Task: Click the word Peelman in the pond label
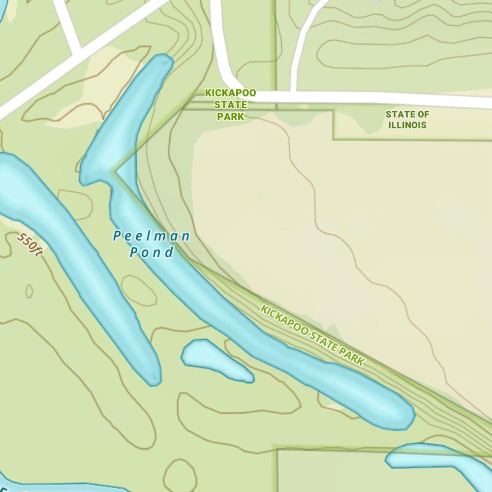(x=151, y=237)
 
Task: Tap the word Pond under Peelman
(x=152, y=253)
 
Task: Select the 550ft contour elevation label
(x=30, y=245)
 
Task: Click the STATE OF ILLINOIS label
(x=407, y=120)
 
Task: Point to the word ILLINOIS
(x=407, y=125)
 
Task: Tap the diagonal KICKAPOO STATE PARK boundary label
(x=312, y=336)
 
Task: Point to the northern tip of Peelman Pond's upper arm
(x=162, y=61)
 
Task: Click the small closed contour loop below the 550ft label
(x=29, y=291)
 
